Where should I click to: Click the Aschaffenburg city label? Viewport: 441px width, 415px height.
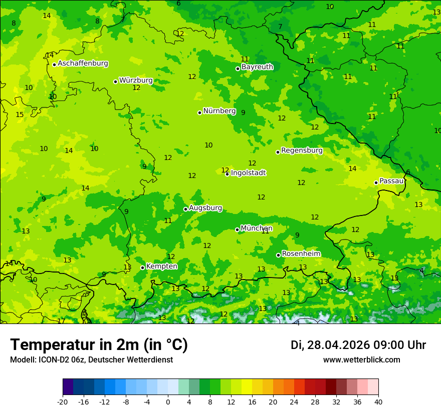pyautogui.click(x=83, y=63)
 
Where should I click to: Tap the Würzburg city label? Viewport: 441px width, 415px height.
pyautogui.click(x=136, y=80)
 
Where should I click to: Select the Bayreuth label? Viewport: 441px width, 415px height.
pyautogui.click(x=257, y=67)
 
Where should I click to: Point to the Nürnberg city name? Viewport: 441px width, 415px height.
pyautogui.click(x=219, y=111)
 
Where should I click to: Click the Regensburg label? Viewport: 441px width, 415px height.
pyautogui.click(x=302, y=150)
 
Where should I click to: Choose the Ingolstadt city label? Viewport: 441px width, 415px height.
pyautogui.click(x=248, y=173)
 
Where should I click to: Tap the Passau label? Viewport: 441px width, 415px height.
pyautogui.click(x=391, y=181)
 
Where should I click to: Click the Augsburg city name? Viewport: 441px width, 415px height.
pyautogui.click(x=205, y=208)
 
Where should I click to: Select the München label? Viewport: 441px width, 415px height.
pyautogui.click(x=257, y=228)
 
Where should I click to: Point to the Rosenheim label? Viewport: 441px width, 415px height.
pyautogui.click(x=301, y=254)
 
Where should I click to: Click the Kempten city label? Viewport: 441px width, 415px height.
pyautogui.click(x=161, y=266)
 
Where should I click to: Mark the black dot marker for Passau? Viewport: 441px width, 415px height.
pyautogui.click(x=376, y=182)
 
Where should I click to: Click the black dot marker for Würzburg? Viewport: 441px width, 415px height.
pyautogui.click(x=115, y=81)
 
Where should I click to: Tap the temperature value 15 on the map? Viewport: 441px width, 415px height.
pyautogui.click(x=20, y=115)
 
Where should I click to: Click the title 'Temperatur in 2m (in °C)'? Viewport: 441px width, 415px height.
pyautogui.click(x=99, y=345)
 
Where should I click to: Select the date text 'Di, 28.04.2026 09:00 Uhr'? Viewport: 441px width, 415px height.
pyautogui.click(x=358, y=345)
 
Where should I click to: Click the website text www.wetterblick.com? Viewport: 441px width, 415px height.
pyautogui.click(x=361, y=360)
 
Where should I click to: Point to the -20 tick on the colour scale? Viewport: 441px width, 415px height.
pyautogui.click(x=63, y=401)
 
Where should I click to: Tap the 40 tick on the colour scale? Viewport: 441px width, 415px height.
pyautogui.click(x=378, y=401)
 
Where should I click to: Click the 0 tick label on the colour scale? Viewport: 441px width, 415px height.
pyautogui.click(x=168, y=401)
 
